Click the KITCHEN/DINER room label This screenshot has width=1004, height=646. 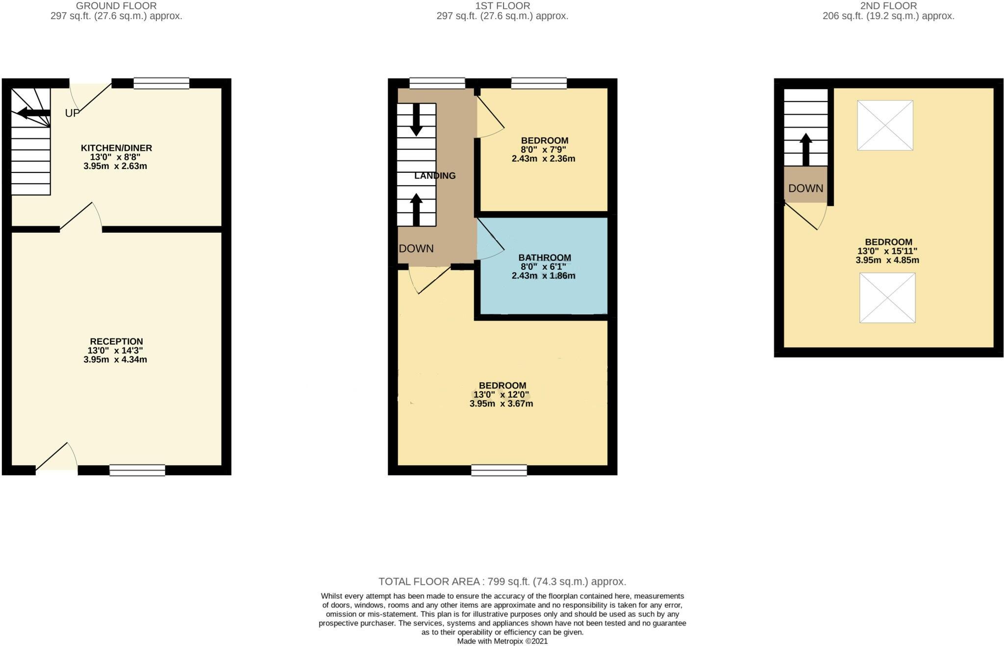116,148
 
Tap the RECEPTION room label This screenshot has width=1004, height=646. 116,341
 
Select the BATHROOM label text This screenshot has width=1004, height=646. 545,258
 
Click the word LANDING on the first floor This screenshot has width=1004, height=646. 435,176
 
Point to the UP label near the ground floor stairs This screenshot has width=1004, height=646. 72,113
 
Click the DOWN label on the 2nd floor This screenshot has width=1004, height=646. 805,188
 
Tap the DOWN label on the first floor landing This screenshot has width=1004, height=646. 416,248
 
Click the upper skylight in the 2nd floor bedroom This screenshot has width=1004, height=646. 885,125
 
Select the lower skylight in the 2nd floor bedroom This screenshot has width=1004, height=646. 887,298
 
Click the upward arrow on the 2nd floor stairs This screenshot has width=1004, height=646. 805,149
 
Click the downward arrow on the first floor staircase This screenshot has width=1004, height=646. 416,120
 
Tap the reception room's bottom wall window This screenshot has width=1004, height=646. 137,470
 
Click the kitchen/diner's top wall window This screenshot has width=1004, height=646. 161,83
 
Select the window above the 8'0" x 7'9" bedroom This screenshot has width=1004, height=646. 539,83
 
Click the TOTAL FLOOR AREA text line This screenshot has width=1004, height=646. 502,581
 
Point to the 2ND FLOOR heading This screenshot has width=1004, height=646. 888,6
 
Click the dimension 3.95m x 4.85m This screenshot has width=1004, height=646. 887,260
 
